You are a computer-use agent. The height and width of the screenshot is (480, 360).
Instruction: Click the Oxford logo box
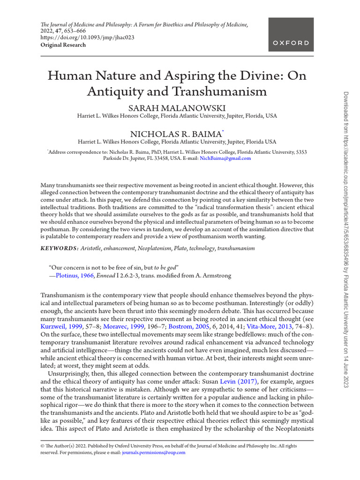(291, 34)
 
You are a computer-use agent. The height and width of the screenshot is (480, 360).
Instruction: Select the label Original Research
(63, 45)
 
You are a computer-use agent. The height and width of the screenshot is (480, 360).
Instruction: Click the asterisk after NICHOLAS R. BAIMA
(222, 131)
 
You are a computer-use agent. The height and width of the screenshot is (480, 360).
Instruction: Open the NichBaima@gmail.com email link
(225, 158)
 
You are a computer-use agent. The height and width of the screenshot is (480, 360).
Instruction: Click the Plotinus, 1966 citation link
(73, 276)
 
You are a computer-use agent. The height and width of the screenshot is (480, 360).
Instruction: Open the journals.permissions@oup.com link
(153, 452)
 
